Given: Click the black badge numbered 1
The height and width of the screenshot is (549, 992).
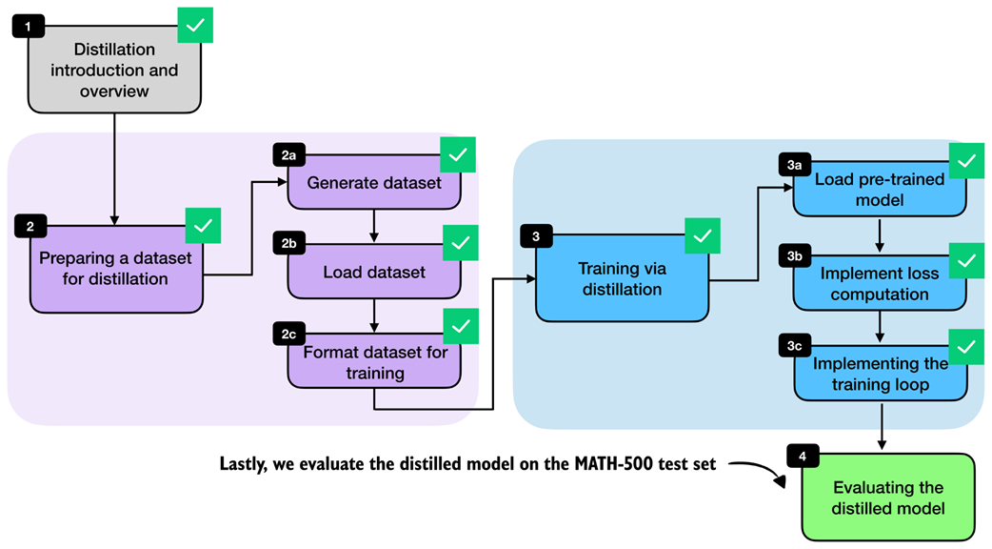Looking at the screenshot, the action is (x=28, y=27).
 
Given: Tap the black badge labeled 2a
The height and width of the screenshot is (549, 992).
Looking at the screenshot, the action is (x=288, y=155).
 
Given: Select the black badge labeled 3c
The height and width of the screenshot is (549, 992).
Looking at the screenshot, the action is (x=795, y=346).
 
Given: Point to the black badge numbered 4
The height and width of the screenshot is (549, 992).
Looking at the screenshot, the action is (x=803, y=456).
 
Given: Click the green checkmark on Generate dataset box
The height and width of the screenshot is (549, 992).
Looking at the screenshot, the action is (x=458, y=154).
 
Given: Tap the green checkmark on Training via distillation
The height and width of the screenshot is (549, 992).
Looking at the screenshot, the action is (x=703, y=235).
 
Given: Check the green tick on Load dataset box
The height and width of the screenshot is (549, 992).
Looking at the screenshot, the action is (x=461, y=242).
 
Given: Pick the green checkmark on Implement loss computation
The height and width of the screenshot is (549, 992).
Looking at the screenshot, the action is (x=966, y=260).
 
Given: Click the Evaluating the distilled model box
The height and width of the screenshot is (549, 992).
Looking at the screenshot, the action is (x=888, y=498).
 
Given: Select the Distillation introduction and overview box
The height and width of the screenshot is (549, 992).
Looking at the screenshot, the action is (x=114, y=70).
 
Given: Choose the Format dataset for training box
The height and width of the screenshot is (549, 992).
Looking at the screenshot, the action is (x=374, y=362).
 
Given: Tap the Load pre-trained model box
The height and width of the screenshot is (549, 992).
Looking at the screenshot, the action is (x=880, y=190).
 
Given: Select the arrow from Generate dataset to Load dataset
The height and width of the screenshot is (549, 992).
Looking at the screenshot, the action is (x=374, y=226).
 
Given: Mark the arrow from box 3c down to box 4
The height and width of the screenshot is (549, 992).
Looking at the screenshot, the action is (x=882, y=425).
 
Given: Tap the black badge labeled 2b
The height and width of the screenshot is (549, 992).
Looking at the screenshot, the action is (x=288, y=244).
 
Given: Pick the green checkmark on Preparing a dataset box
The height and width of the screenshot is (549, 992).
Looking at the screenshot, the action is (x=203, y=226).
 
